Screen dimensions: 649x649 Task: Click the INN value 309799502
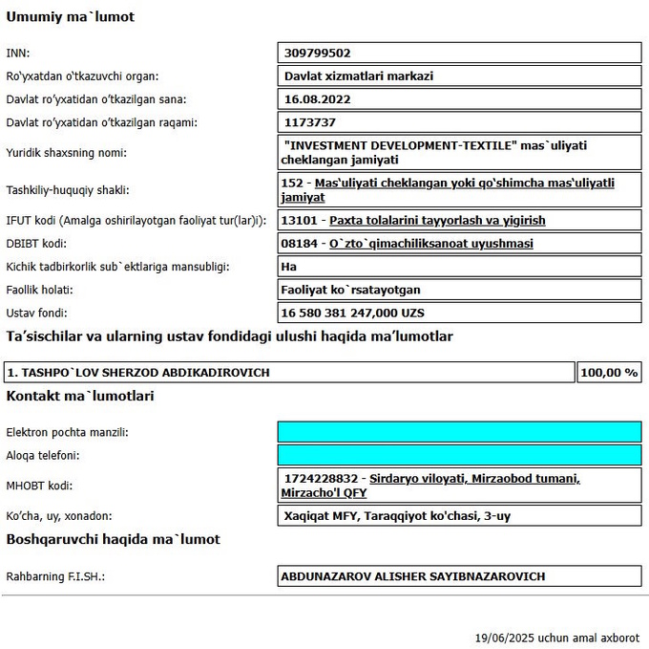[317, 53]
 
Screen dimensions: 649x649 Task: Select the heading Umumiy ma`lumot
[71, 16]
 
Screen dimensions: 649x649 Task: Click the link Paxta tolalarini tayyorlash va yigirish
[437, 221]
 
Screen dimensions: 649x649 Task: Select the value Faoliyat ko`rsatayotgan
[350, 290]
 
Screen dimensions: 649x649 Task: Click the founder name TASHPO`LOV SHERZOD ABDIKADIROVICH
[138, 372]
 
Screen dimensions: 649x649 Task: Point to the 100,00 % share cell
[609, 372]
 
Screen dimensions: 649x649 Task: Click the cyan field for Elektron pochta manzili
[459, 432]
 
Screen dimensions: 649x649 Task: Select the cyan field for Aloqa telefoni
[459, 455]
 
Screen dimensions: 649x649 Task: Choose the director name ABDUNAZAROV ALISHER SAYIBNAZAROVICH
[412, 576]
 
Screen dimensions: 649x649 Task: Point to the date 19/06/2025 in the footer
[504, 638]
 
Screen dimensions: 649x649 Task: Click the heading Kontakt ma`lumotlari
[80, 396]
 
